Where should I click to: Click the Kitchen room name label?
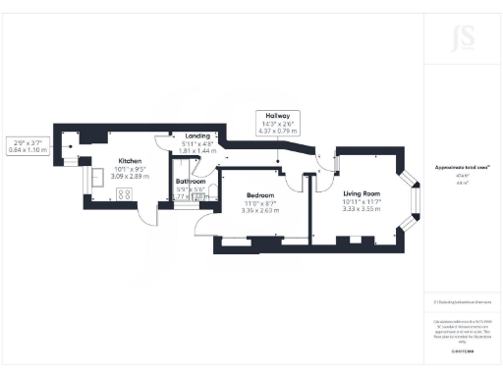[130, 160]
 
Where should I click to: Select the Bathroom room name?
[191, 181]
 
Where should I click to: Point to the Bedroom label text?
[259, 195]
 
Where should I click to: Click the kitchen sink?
[99, 178]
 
